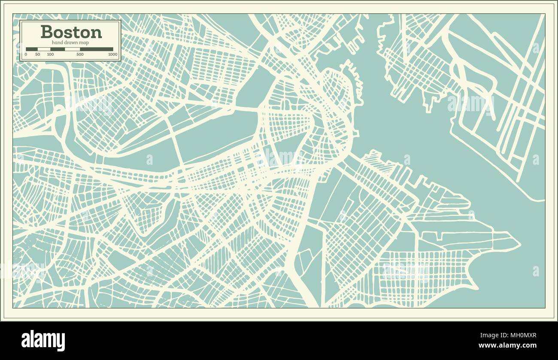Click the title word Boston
coord(71,32)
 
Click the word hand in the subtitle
coord(57,42)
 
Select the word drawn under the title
coord(70,42)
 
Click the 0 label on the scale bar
coord(26,54)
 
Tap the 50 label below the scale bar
coord(38,54)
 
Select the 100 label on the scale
coord(50,54)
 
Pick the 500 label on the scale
coord(80,54)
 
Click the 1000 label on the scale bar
coord(112,54)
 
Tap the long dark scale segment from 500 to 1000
coord(97,49)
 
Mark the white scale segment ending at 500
coord(72,49)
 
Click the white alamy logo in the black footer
coord(43,341)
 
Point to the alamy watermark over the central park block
coord(279,157)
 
